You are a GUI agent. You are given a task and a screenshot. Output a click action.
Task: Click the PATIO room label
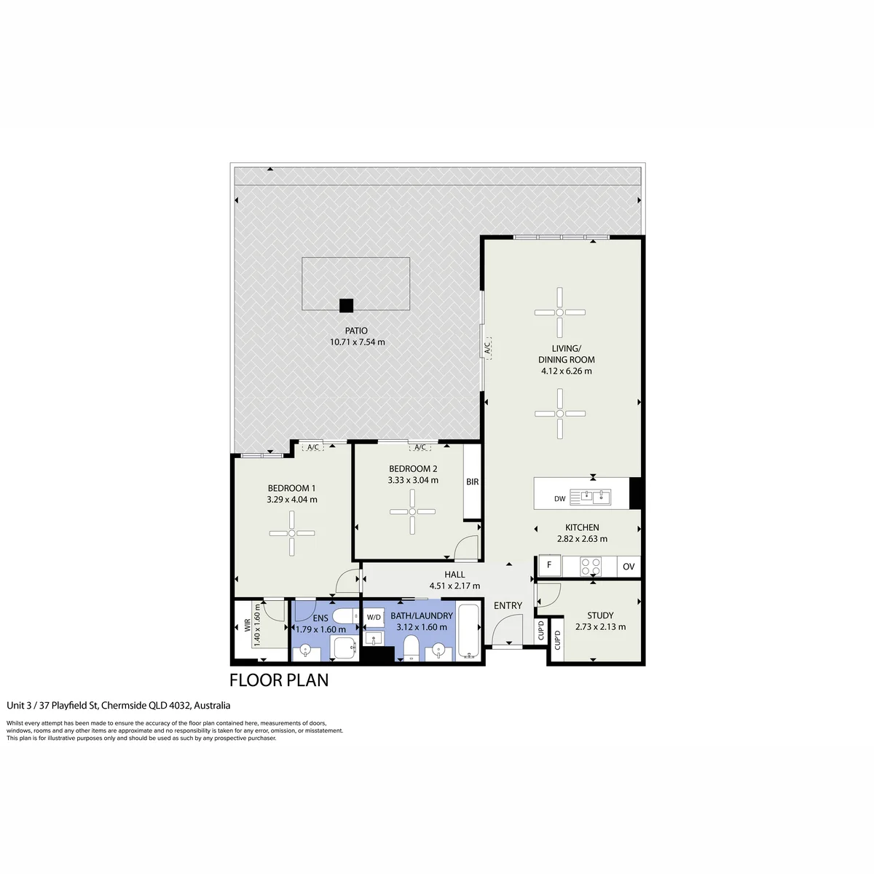click(356, 331)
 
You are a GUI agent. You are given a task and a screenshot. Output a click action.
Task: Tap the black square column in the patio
click(346, 305)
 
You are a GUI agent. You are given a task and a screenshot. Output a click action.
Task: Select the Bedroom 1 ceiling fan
click(292, 533)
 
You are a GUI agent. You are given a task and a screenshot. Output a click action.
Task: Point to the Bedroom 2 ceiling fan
click(412, 511)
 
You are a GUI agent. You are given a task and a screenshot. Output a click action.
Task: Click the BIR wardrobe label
click(472, 481)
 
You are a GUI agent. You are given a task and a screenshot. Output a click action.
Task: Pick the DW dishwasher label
click(559, 498)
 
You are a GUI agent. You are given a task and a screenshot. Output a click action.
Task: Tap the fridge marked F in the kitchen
click(549, 565)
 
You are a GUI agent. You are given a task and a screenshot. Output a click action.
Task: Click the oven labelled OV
click(629, 567)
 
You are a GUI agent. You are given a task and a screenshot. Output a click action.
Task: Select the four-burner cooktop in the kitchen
click(591, 567)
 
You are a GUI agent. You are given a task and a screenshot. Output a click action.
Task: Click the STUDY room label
click(600, 615)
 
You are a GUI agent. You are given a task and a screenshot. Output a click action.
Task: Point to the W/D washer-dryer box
click(374, 618)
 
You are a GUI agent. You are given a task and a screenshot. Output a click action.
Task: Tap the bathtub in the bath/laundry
click(468, 631)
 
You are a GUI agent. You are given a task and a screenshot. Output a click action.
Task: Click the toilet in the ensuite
click(346, 616)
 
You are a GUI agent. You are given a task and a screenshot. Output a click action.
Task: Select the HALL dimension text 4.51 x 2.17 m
click(454, 586)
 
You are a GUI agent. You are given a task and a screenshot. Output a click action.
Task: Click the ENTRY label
click(508, 605)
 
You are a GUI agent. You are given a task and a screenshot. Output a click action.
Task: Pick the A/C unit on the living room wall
click(487, 348)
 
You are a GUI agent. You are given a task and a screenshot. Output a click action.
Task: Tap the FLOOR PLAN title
click(279, 680)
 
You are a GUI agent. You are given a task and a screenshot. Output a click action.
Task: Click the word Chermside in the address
click(124, 705)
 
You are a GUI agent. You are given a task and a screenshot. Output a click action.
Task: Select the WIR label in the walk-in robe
click(248, 626)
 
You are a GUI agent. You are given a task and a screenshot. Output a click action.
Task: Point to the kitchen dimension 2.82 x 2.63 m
click(582, 539)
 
